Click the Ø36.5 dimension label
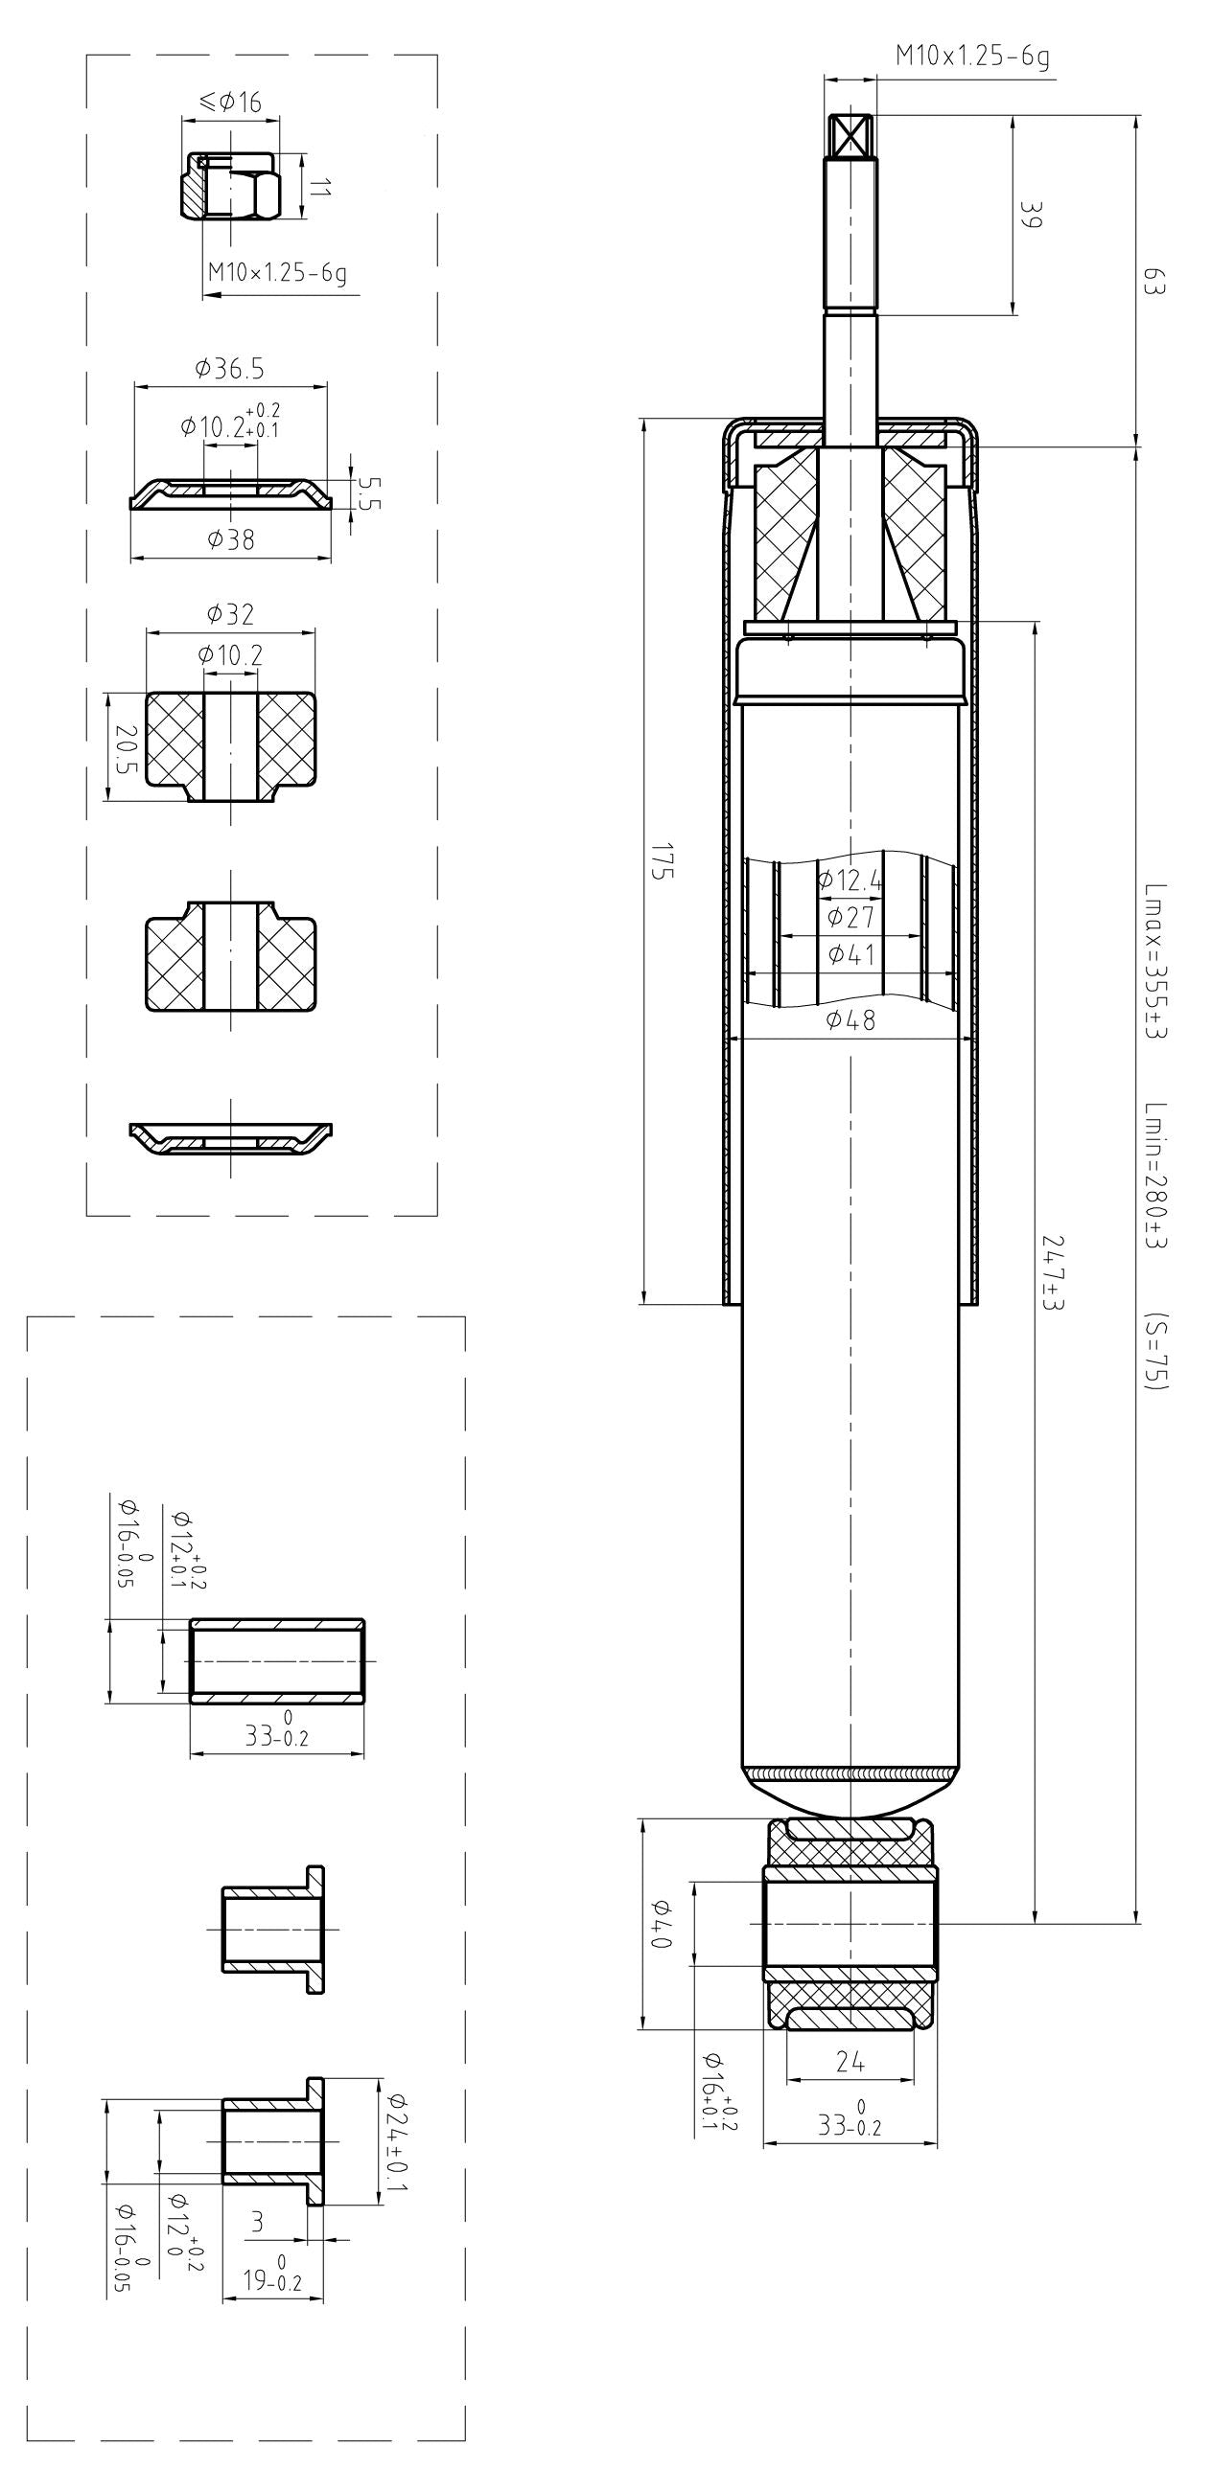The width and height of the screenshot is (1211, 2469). pyautogui.click(x=229, y=368)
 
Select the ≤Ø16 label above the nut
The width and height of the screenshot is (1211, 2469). pyautogui.click(x=230, y=102)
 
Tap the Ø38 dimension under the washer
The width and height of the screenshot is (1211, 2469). pyautogui.click(x=231, y=539)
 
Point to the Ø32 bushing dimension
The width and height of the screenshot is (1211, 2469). pyautogui.click(x=230, y=614)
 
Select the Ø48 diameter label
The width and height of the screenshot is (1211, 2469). pyautogui.click(x=850, y=1020)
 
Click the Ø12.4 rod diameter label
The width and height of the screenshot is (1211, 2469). pyautogui.click(x=850, y=879)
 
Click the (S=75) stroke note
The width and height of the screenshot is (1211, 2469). pyautogui.click(x=1156, y=1351)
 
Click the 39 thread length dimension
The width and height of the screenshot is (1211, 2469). pyautogui.click(x=1030, y=214)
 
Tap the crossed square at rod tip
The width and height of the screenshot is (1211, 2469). pyautogui.click(x=850, y=135)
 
